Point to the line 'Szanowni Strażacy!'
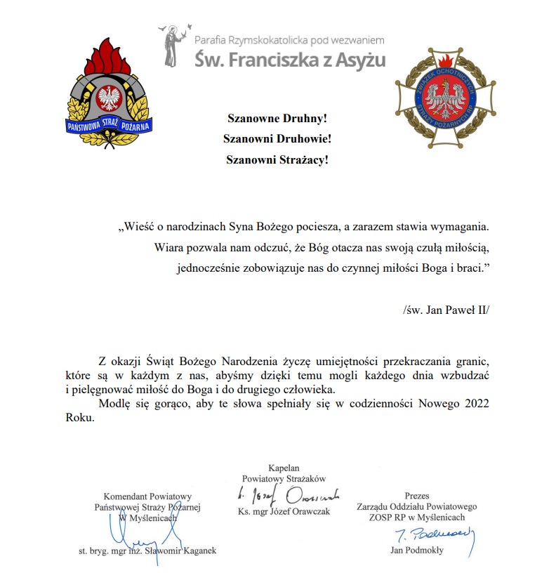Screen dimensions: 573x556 coord(277,159)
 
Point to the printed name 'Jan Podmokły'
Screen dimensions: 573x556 coord(417,551)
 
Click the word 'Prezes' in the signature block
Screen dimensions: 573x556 coord(416,496)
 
